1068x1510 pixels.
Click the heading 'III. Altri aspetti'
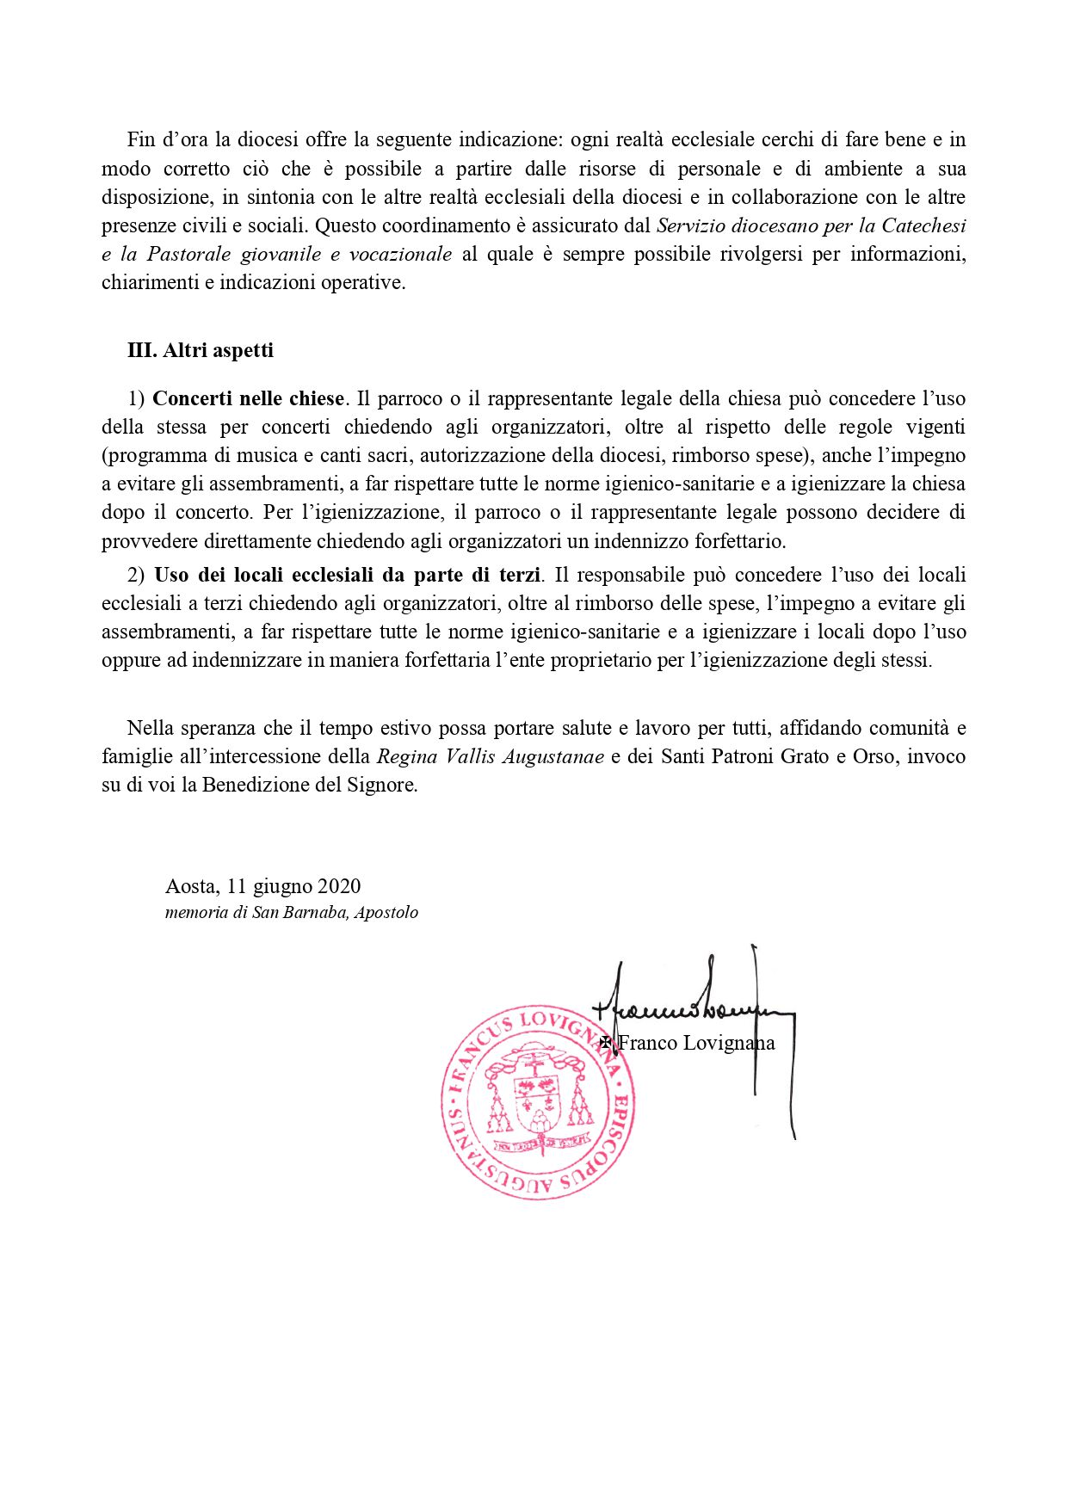(201, 350)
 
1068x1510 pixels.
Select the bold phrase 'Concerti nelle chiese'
(249, 398)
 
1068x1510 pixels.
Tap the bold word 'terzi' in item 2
(520, 575)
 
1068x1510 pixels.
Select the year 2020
(339, 886)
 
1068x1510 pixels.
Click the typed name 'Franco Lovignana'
(696, 1043)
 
